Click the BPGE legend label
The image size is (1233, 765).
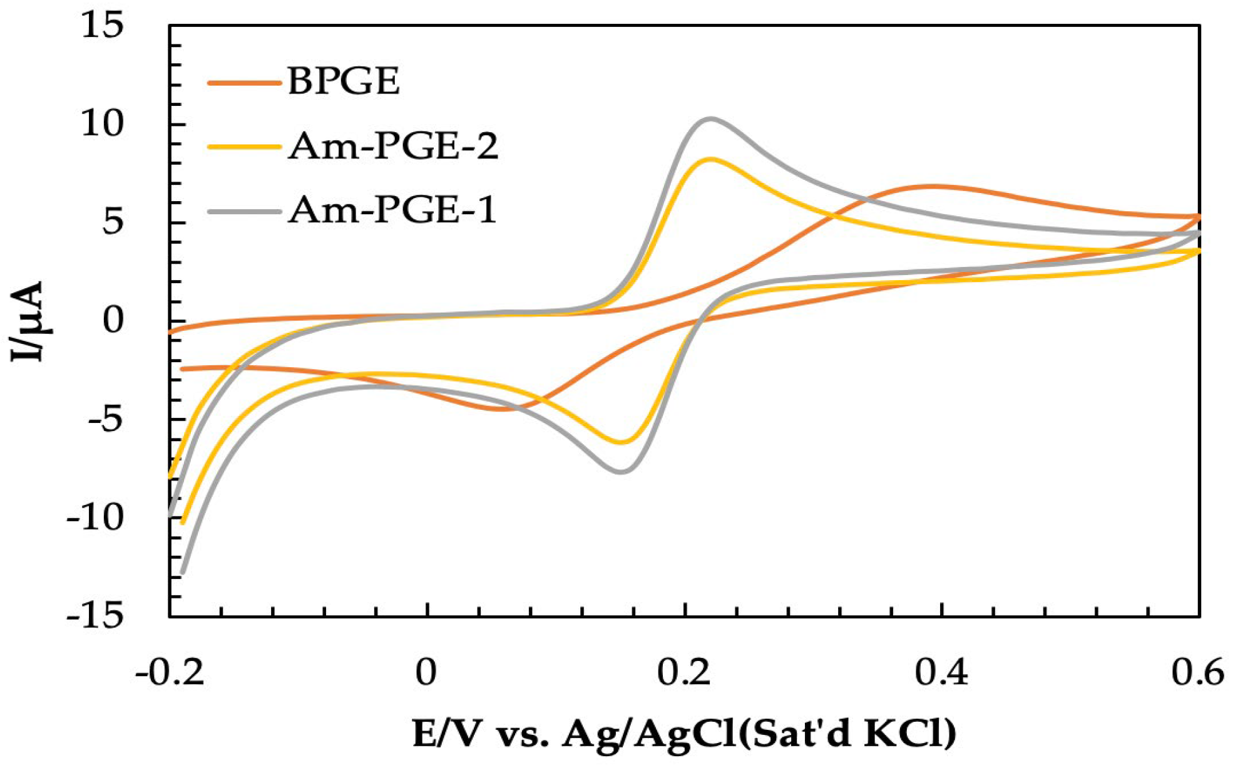[343, 81]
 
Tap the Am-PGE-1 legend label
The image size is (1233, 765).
[392, 210]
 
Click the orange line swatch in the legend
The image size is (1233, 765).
[243, 82]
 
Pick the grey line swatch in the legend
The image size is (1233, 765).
[243, 211]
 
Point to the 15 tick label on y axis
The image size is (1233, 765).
[103, 26]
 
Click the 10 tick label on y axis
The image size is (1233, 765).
[103, 124]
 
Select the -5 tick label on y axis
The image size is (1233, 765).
[105, 420]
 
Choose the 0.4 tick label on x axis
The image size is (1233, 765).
[941, 673]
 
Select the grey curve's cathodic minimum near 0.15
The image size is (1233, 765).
[621, 471]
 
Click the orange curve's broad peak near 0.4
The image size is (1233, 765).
[933, 186]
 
